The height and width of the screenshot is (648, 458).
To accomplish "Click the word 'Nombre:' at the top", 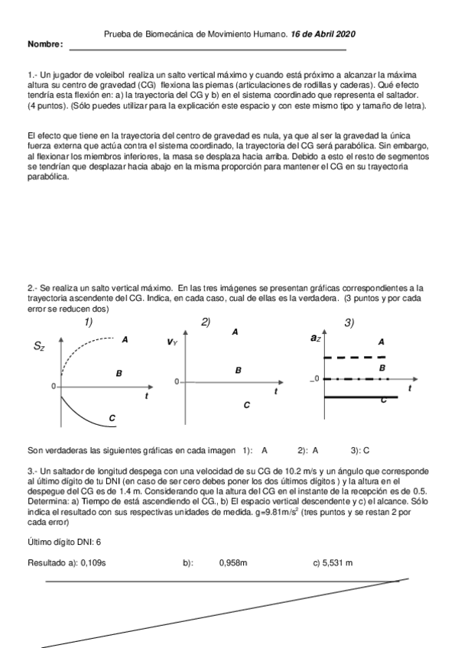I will tap(45, 45).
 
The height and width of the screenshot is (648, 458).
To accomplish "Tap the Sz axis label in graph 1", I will tap(39, 346).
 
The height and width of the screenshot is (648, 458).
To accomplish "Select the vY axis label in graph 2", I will tap(172, 342).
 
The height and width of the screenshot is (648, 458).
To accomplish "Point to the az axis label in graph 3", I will tap(316, 337).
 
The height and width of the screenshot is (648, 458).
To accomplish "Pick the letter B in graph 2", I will tap(239, 370).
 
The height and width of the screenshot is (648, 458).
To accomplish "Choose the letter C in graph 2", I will tap(246, 405).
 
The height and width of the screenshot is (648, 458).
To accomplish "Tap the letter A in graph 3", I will tap(381, 342).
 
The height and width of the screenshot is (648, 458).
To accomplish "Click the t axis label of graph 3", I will tap(410, 388).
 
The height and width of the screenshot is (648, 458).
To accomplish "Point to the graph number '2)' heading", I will tap(205, 322).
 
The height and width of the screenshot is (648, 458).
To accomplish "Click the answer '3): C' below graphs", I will tap(360, 451).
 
